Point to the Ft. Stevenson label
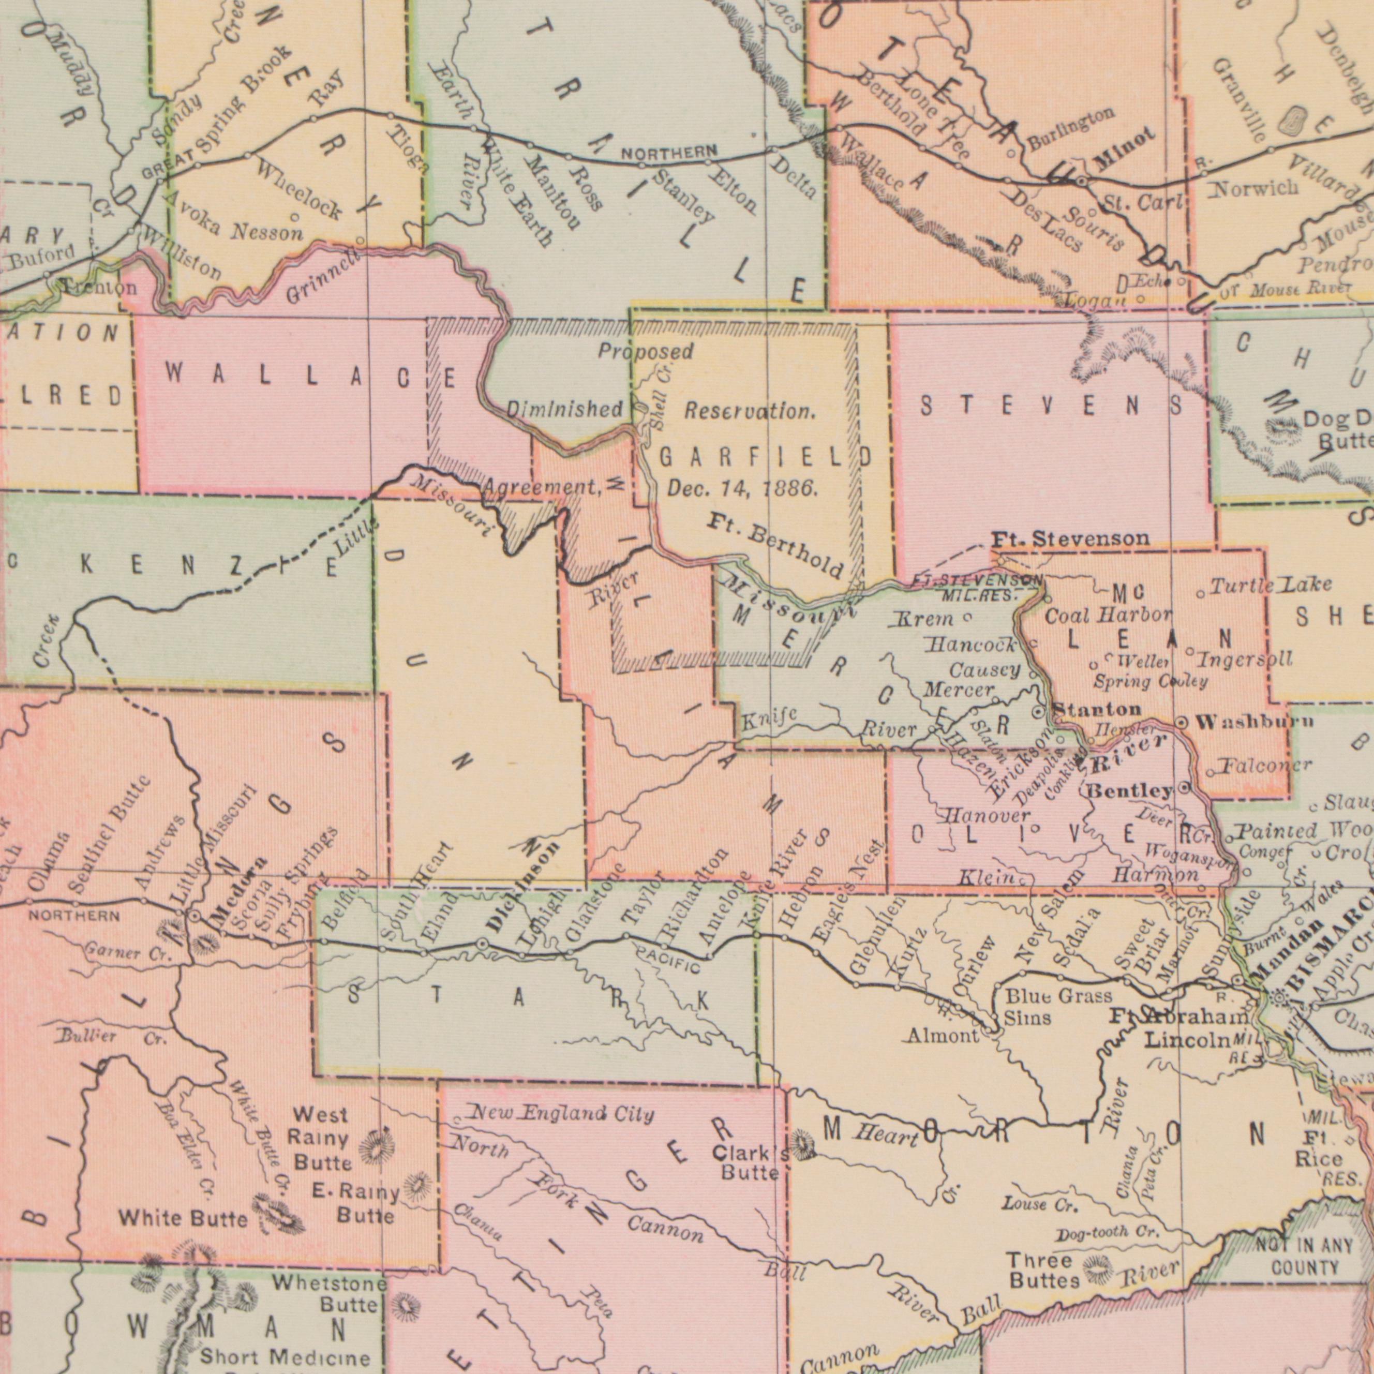coord(1070,539)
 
